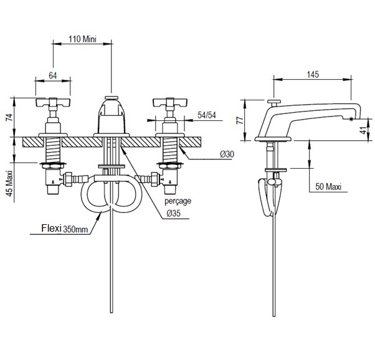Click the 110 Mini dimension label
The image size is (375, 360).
[82, 39]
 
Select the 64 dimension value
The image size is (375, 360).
[52, 75]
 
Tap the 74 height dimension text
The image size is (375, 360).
[9, 117]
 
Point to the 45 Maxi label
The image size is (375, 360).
[9, 183]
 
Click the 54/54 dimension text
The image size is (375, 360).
[207, 115]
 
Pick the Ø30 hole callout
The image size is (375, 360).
[227, 154]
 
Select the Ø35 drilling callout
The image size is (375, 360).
[174, 213]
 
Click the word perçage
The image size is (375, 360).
[178, 201]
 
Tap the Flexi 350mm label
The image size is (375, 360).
[65, 229]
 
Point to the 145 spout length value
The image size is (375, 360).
[313, 74]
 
